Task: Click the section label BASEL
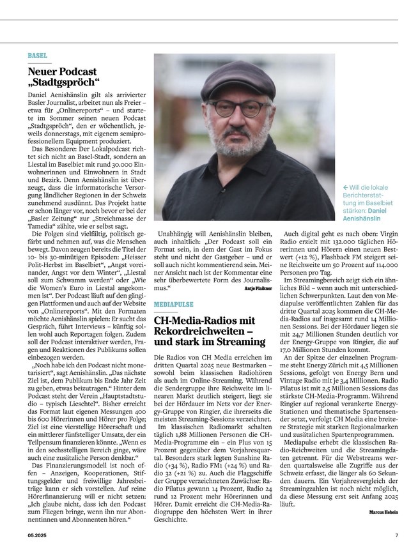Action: click(38, 56)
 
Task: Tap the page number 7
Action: click(396, 535)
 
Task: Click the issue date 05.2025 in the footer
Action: click(37, 535)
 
